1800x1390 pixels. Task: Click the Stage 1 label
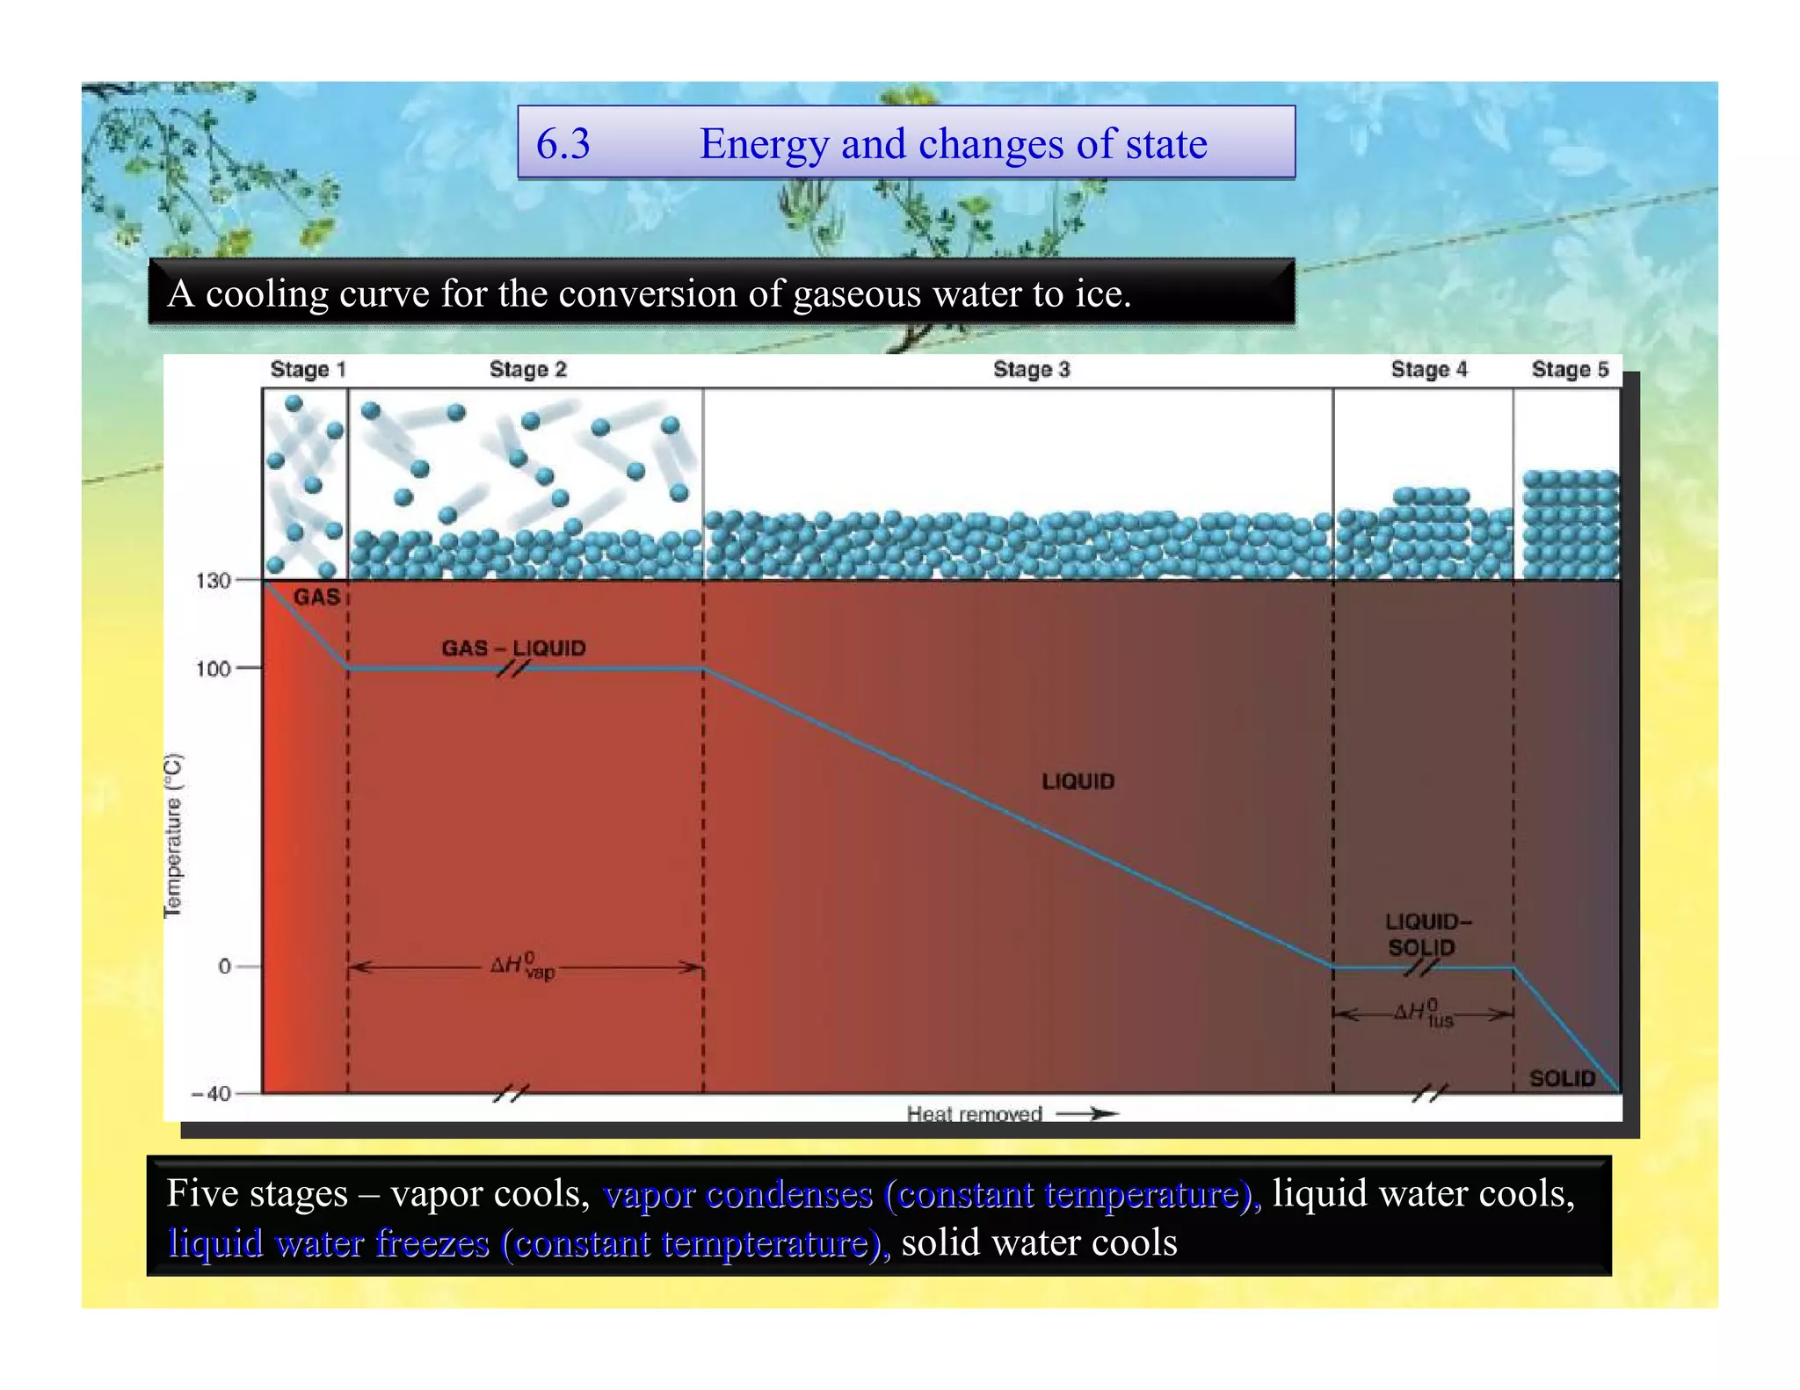(x=308, y=369)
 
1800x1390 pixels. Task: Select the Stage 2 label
(x=527, y=369)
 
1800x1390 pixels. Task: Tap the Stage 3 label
(x=1031, y=369)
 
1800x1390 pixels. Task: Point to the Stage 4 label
(x=1428, y=369)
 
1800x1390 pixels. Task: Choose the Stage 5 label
(x=1570, y=369)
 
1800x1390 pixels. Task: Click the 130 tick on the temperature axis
(x=213, y=581)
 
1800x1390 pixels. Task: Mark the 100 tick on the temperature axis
(x=213, y=669)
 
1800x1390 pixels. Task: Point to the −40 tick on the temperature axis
(x=212, y=1094)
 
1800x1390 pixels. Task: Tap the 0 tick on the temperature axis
(x=224, y=966)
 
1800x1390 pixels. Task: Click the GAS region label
(x=316, y=597)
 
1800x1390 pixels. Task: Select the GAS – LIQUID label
(x=513, y=648)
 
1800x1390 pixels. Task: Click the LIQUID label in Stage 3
(x=1078, y=781)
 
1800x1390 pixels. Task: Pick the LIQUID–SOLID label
(x=1427, y=934)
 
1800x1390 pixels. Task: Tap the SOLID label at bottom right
(x=1562, y=1078)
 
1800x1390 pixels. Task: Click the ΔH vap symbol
(x=523, y=966)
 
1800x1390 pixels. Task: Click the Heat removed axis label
(x=974, y=1114)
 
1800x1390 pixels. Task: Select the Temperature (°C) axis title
(x=174, y=836)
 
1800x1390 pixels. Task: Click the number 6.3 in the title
(x=563, y=143)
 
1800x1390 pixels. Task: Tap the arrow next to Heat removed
(x=1087, y=1114)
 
